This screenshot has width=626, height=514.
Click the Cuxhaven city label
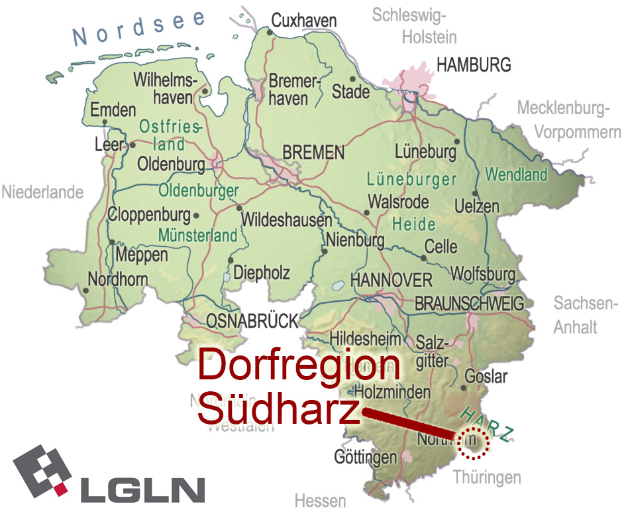point(304,21)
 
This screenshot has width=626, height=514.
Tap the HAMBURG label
point(474,64)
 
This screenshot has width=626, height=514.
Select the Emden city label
point(113,111)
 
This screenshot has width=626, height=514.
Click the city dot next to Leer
point(132,145)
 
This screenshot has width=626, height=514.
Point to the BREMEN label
point(313,153)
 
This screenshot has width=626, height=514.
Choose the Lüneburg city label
point(425,152)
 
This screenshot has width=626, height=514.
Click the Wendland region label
point(517,175)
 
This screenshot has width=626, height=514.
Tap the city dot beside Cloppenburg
point(196,216)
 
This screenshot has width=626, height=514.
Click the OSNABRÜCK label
point(252,322)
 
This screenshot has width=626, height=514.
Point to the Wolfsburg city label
point(482,274)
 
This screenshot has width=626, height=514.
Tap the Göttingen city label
point(365,457)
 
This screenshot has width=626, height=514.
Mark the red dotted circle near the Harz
point(473,443)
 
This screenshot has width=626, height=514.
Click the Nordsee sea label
point(139,30)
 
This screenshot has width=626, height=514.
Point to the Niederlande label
point(42,192)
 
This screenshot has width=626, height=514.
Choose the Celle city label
point(441,246)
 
